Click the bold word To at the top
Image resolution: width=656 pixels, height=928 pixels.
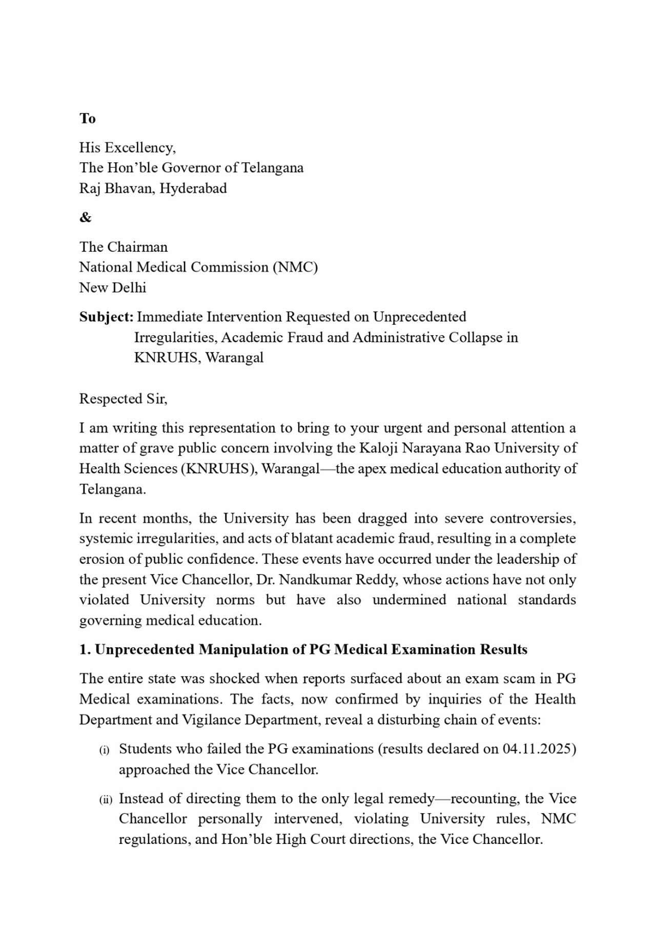(x=87, y=118)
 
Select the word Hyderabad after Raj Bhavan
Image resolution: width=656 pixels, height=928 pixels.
(x=193, y=188)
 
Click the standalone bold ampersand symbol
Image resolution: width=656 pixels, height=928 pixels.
(x=85, y=217)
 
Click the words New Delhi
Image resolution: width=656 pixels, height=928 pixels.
(x=112, y=287)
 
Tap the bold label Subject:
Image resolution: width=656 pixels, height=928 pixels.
(x=106, y=317)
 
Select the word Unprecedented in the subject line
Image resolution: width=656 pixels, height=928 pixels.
(x=419, y=317)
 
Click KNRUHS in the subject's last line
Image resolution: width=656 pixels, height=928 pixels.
(x=167, y=357)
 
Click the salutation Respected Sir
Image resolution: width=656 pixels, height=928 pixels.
(x=123, y=399)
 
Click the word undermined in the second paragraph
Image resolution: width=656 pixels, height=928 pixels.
(x=409, y=600)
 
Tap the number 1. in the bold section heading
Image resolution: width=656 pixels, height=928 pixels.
(x=85, y=649)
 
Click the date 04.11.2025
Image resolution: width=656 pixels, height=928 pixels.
(x=539, y=749)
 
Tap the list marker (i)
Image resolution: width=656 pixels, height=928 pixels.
(x=105, y=750)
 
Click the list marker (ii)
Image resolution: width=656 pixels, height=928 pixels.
(x=106, y=800)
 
